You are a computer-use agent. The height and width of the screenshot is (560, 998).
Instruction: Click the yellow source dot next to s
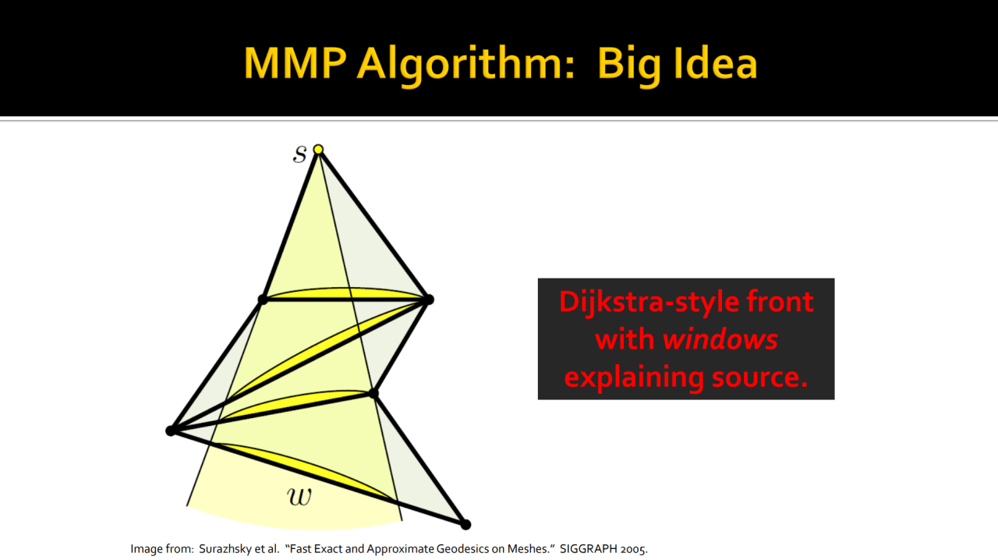(x=318, y=150)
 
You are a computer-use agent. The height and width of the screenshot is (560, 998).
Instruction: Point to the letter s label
(x=300, y=154)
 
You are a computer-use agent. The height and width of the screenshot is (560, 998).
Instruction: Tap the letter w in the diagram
(x=299, y=496)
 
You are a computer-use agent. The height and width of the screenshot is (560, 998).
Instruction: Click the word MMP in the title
(x=295, y=63)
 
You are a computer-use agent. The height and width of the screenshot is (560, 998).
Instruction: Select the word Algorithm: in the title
(x=466, y=66)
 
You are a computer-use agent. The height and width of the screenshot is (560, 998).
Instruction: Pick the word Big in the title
(x=629, y=66)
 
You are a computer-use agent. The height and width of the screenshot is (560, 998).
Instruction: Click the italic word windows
(x=720, y=339)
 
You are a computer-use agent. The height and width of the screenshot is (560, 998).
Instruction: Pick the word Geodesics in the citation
(x=460, y=549)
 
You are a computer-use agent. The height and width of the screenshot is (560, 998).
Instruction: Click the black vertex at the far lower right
(x=465, y=525)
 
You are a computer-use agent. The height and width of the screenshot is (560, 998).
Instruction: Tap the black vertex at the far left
(x=171, y=431)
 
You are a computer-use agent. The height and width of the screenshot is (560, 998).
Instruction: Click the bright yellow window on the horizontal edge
(x=345, y=294)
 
